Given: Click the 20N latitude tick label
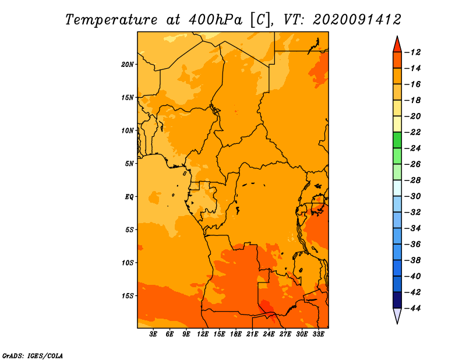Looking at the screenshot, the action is pos(128,65).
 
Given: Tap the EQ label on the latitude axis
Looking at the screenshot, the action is pos(129,197).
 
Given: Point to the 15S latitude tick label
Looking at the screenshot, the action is pos(128,296).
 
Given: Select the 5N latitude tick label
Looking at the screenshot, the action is pos(129,164).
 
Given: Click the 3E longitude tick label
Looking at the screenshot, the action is pos(153,334).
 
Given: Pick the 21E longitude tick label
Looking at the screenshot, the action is pos(252,334).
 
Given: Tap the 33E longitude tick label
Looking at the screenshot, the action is pos(318,334).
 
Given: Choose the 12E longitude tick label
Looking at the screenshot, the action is pos(203,334).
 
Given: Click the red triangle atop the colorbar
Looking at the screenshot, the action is pos(397,45).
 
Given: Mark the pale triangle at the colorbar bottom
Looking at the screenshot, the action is pos(397,315).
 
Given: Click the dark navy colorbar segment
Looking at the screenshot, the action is pos(397,300).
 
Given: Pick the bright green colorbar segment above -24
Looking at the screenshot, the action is pos(397,140).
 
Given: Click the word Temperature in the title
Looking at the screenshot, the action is pos(111,20).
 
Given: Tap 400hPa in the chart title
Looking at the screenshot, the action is pos(215,20).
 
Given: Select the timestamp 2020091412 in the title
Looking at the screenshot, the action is pos(357,20).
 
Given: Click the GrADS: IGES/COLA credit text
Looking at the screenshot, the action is pos(33,356).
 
